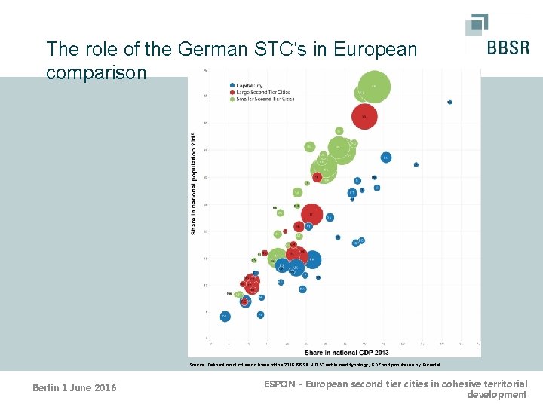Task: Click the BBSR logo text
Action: point(508,48)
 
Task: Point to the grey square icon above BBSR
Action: point(476,23)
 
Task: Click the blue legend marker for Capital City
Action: point(233,85)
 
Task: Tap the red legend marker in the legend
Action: point(233,92)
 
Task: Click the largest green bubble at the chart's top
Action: point(373,86)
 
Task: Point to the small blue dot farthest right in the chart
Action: point(449,102)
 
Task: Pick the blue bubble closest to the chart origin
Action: point(225,317)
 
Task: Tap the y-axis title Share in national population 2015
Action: point(194,182)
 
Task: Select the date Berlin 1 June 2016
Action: point(75,388)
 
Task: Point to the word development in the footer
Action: point(497,395)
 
